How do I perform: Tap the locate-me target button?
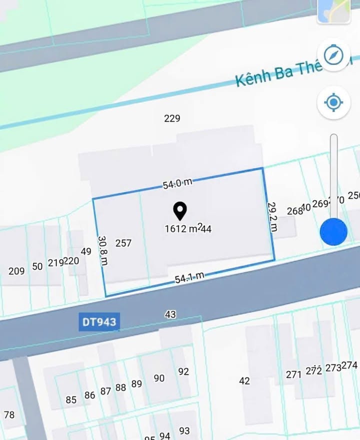[333, 103]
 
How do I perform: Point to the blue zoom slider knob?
[333, 232]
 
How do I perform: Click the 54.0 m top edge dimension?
[177, 184]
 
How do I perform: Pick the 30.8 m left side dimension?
[102, 251]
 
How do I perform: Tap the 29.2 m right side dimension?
[272, 217]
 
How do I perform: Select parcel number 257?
[123, 243]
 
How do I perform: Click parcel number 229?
[172, 119]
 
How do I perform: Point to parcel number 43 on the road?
[170, 314]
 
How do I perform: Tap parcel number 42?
[244, 381]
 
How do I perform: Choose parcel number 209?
[16, 271]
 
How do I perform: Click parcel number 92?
[183, 371]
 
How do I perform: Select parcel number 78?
[9, 414]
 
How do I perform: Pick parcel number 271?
[293, 374]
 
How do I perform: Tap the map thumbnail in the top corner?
[333, 10]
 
